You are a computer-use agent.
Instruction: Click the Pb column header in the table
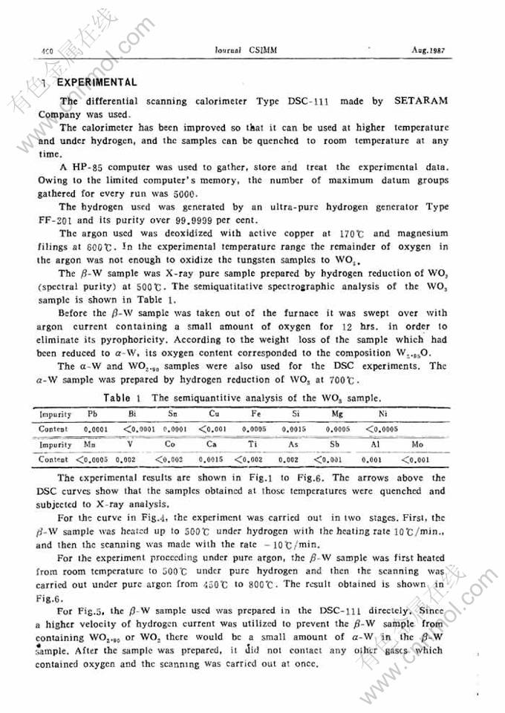click(93, 415)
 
